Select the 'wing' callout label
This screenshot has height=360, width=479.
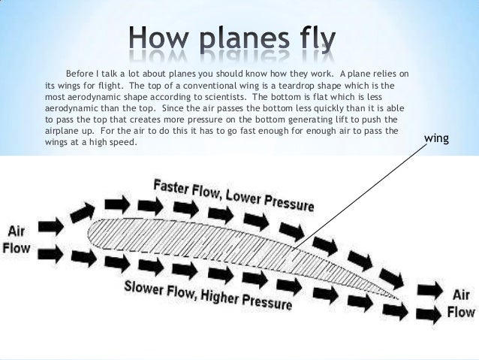pyautogui.click(x=436, y=138)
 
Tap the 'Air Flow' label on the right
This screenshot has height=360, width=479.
pyautogui.click(x=461, y=303)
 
